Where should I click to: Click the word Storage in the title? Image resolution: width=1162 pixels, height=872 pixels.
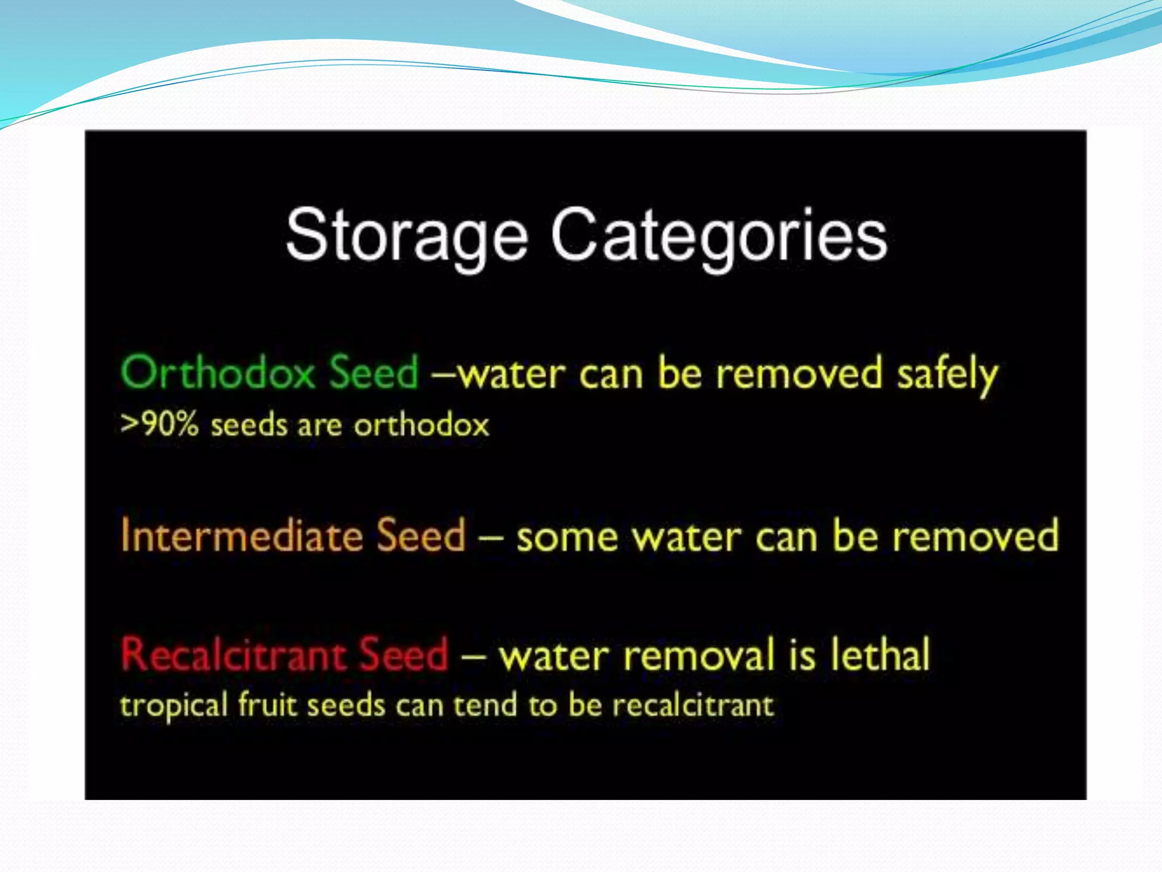tap(407, 236)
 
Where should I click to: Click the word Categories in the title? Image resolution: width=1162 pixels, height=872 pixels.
tap(719, 236)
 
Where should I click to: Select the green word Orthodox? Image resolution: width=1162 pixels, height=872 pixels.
tap(218, 373)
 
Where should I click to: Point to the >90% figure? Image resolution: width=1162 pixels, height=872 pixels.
tap(160, 424)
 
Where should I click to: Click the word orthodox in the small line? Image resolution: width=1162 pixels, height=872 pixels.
tap(422, 425)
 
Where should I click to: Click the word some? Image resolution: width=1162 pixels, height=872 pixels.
tap(567, 538)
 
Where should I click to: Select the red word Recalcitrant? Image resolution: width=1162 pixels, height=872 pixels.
tap(233, 655)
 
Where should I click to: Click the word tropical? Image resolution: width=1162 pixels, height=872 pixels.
tap(174, 706)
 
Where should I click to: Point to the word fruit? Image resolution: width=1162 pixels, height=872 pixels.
tap(267, 705)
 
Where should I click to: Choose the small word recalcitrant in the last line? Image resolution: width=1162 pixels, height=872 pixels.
tap(693, 705)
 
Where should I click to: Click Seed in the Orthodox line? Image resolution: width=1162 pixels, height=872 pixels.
tap(374, 373)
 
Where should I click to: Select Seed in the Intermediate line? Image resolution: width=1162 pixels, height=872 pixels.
tap(421, 535)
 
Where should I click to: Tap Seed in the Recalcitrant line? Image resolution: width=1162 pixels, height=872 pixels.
tap(404, 655)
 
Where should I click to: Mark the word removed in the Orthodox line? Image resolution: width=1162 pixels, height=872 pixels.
tap(799, 374)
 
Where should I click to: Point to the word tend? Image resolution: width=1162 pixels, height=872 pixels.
tap(486, 705)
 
